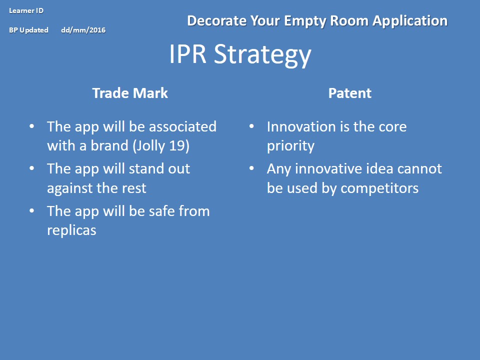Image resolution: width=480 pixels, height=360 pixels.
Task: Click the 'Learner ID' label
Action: [x=26, y=10]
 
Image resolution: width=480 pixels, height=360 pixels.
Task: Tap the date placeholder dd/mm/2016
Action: [x=83, y=30]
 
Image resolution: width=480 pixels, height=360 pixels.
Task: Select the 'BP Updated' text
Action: [x=29, y=30]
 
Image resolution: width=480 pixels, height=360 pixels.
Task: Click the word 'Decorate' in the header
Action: [x=216, y=21]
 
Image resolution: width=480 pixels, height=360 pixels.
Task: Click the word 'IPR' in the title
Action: [x=187, y=53]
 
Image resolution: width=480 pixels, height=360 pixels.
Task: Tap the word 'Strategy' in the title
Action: [x=262, y=55]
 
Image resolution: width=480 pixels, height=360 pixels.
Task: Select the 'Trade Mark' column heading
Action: [x=130, y=93]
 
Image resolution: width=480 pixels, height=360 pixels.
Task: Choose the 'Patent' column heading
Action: [x=349, y=93]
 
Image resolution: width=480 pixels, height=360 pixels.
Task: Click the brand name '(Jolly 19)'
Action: [x=161, y=145]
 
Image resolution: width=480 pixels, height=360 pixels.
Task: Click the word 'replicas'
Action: [x=71, y=230]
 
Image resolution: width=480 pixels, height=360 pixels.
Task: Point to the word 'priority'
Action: [x=290, y=146]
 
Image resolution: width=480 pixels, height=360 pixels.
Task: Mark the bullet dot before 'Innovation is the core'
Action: [x=251, y=126]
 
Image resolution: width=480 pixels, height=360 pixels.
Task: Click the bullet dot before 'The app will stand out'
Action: [x=32, y=168]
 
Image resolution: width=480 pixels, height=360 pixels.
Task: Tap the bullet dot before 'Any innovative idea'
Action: [x=251, y=168]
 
